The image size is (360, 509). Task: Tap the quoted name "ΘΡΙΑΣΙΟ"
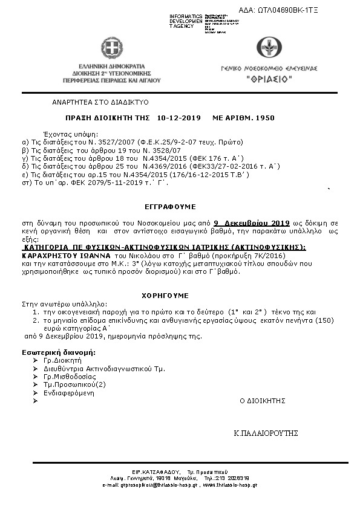coord(269,80)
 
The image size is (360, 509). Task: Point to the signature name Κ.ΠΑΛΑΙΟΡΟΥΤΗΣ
coord(267,433)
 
